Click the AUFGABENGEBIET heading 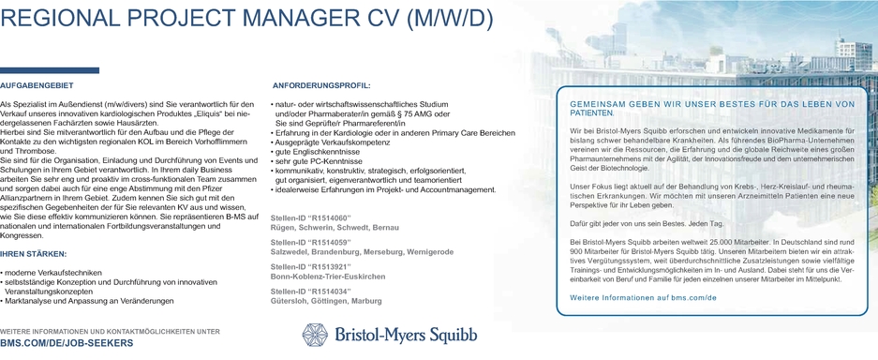37,84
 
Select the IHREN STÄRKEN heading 34,254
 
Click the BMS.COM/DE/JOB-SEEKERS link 67,344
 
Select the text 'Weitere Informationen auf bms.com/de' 643,297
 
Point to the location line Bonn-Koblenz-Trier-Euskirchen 327,277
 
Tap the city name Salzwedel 291,252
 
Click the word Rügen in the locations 284,228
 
